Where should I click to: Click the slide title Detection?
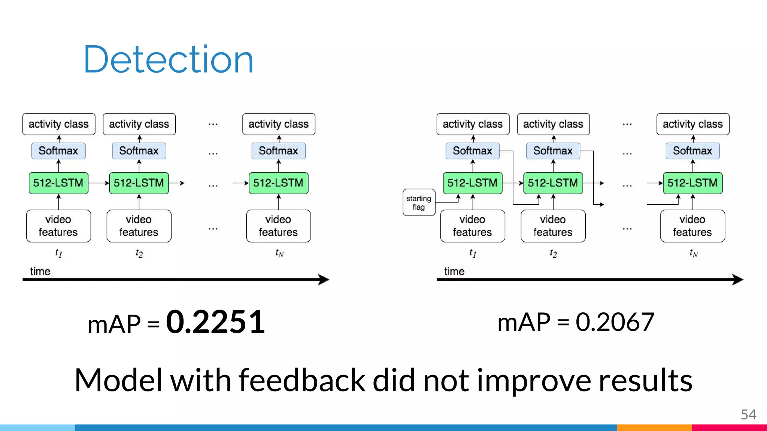(168, 59)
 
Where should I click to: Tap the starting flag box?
(419, 202)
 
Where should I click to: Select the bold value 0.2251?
(215, 322)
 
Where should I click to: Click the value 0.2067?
(615, 322)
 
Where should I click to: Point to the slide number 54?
(748, 415)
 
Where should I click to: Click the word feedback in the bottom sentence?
(301, 380)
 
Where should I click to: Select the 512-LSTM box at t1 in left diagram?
(58, 183)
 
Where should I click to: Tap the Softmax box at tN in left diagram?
(278, 151)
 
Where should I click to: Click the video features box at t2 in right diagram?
(553, 226)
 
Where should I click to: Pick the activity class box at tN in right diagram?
(692, 124)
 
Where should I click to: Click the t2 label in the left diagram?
(139, 253)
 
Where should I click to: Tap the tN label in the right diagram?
(693, 253)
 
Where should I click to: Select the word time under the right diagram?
(454, 271)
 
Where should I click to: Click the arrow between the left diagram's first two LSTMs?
(99, 183)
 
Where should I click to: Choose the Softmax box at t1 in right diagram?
(472, 151)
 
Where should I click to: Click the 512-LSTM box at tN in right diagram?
(692, 183)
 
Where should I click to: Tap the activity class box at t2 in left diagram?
(139, 124)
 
